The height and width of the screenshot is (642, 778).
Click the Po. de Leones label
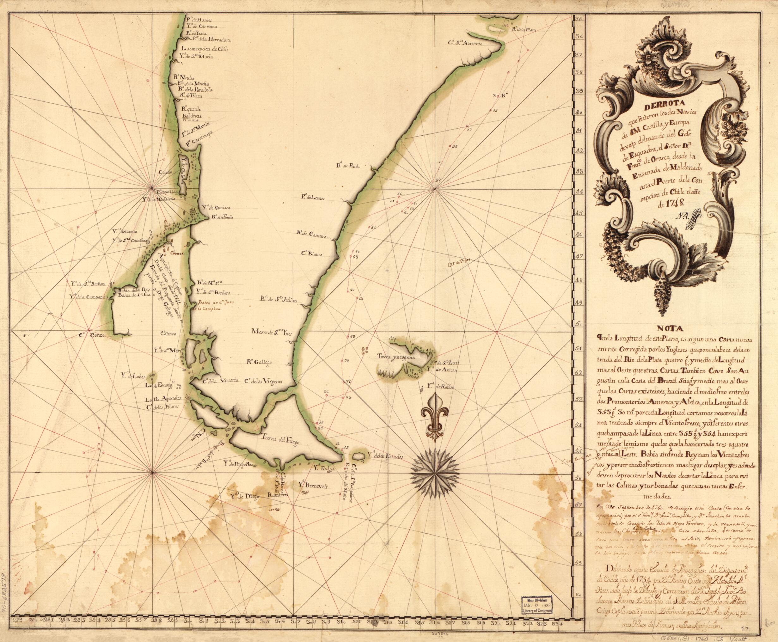[x=310, y=198]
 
